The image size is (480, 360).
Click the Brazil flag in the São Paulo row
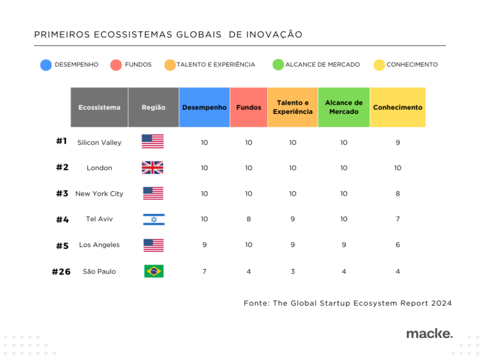154,271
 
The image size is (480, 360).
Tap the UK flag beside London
153,168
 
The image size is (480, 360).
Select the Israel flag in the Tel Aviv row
154,219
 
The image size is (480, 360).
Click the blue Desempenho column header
204,107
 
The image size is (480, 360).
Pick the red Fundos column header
248,107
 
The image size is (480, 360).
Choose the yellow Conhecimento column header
397,107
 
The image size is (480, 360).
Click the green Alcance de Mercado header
344,107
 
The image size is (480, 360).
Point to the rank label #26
61,272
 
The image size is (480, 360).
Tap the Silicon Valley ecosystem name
99,142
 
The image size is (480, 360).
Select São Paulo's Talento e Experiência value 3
292,271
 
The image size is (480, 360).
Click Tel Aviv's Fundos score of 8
248,219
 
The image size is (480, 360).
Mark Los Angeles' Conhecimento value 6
397,245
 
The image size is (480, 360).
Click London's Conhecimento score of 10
397,168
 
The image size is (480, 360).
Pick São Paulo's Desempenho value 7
204,271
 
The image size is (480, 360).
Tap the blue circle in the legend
46,65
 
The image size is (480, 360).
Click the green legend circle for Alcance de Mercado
278,65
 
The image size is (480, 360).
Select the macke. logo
429,334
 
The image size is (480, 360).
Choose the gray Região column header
153,107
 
